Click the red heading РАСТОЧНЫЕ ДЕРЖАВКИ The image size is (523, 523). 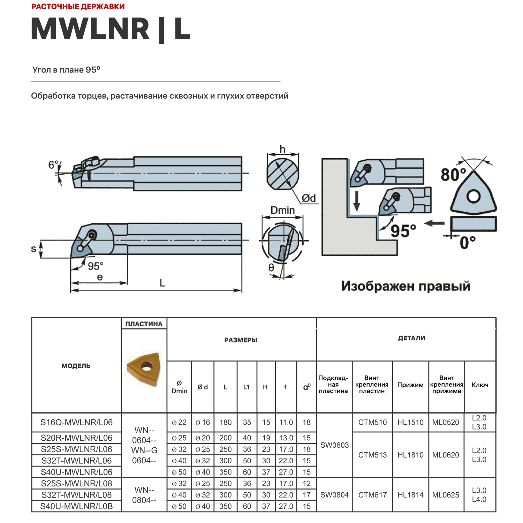(78, 7)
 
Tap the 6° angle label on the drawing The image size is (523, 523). (53, 165)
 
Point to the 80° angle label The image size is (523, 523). (453, 174)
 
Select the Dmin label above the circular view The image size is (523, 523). (282, 211)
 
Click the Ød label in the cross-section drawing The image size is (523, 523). (309, 198)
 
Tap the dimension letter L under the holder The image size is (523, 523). (162, 283)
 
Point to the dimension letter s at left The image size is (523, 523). (33, 249)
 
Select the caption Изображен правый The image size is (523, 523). (405, 286)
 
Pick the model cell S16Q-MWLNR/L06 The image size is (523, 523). (76, 423)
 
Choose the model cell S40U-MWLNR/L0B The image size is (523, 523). (76, 506)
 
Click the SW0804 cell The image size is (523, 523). (334, 495)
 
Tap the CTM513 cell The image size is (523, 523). (372, 455)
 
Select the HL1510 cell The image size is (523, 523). (410, 423)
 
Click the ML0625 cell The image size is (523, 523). (446, 495)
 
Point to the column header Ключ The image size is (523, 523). (480, 385)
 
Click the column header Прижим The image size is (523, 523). (410, 385)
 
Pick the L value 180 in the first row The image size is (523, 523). (226, 423)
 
